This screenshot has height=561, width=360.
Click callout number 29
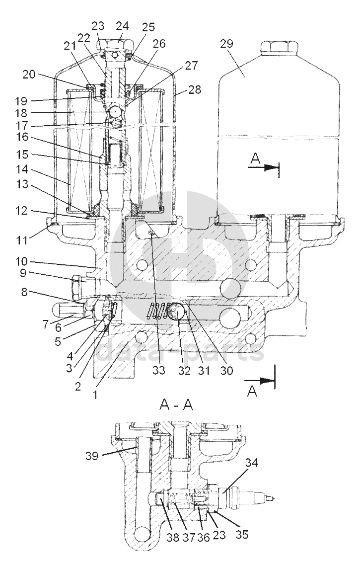point(226,44)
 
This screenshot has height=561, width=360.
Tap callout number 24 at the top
point(122,26)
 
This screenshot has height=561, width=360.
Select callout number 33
point(159,370)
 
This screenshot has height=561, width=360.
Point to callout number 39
point(92,456)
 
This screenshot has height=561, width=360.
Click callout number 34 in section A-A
point(251,463)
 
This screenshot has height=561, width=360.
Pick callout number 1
point(95,395)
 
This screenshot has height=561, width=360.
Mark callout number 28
point(195,89)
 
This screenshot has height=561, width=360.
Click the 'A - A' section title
point(176,404)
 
